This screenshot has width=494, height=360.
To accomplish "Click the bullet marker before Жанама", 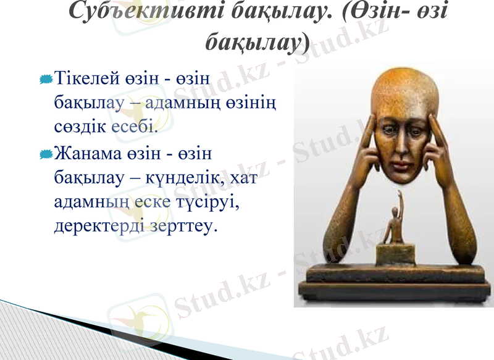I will [45, 152].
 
